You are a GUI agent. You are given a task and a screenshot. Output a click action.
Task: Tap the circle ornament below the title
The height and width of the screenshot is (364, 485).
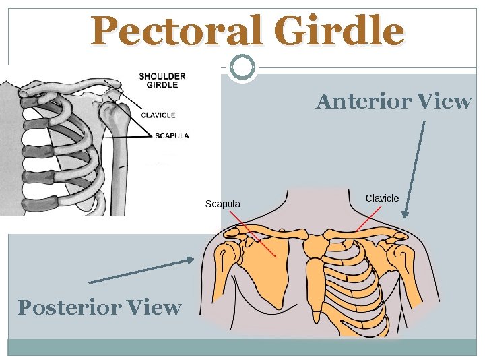click(x=243, y=67)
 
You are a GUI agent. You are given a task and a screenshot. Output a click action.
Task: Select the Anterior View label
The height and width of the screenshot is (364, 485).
click(x=394, y=101)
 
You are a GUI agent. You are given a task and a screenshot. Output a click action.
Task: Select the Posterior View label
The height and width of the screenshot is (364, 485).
click(x=99, y=307)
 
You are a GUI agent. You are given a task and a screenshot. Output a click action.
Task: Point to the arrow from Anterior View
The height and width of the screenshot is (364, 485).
click(x=414, y=169)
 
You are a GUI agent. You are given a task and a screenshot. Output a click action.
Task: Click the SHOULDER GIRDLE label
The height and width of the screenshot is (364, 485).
click(x=162, y=80)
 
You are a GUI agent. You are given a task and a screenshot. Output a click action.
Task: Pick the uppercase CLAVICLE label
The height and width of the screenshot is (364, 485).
click(x=158, y=115)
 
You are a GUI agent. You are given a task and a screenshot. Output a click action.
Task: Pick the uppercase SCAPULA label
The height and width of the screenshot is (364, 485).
click(x=172, y=135)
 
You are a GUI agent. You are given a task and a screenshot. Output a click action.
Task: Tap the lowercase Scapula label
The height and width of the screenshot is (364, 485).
click(x=222, y=204)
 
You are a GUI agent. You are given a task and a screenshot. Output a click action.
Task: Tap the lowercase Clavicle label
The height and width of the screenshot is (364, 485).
click(x=382, y=198)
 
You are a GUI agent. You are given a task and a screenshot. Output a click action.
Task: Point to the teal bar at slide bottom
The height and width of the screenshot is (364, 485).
click(x=243, y=347)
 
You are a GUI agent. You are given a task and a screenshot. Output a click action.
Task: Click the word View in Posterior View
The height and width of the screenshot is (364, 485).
click(x=156, y=307)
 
